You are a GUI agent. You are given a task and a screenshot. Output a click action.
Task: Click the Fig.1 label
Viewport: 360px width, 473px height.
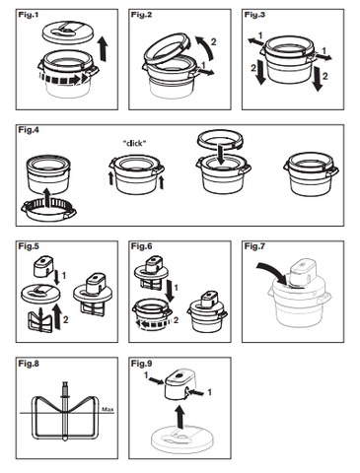coord(29,15)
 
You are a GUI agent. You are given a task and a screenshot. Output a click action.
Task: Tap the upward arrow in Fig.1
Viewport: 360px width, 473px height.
coord(104,49)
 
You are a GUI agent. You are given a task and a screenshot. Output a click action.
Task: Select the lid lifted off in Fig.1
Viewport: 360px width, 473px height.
coord(68,32)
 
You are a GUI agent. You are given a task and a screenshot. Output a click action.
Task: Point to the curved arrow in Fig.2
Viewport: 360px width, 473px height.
coord(205,48)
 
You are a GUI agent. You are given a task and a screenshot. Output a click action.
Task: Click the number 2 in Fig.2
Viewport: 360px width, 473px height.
coord(213,42)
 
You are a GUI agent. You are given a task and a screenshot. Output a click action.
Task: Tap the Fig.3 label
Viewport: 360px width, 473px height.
coord(254,15)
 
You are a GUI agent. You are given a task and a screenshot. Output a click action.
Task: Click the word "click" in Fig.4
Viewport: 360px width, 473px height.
coord(134,143)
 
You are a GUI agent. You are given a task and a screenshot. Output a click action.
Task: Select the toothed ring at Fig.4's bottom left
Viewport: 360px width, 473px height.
coord(48,210)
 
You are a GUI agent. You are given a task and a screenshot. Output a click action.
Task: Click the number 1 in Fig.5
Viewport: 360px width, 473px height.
coord(64,275)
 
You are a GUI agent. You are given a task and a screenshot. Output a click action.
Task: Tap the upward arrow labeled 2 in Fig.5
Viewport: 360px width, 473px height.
coord(57,317)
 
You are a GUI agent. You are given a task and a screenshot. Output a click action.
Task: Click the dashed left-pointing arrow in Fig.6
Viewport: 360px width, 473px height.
coord(154,324)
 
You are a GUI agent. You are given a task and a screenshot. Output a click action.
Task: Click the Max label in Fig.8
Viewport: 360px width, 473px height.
coord(108,409)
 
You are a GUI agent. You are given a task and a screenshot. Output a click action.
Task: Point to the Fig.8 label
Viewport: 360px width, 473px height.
coord(29,364)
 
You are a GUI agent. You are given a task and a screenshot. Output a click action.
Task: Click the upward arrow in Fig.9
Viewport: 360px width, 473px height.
coord(180,417)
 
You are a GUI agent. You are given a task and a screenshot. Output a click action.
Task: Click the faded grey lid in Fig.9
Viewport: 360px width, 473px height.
coord(182,439)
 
